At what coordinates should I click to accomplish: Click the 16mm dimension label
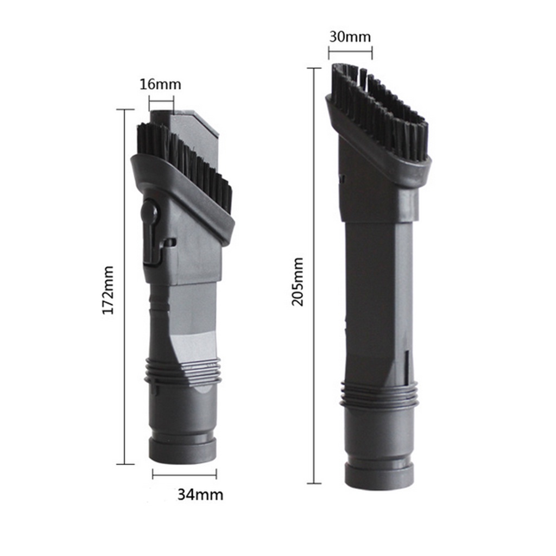tap(160, 84)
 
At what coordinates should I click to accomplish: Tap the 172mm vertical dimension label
tap(108, 290)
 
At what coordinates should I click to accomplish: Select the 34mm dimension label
tap(200, 494)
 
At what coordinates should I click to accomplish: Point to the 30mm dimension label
tap(350, 36)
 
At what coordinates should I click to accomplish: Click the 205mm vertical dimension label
tap(297, 282)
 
